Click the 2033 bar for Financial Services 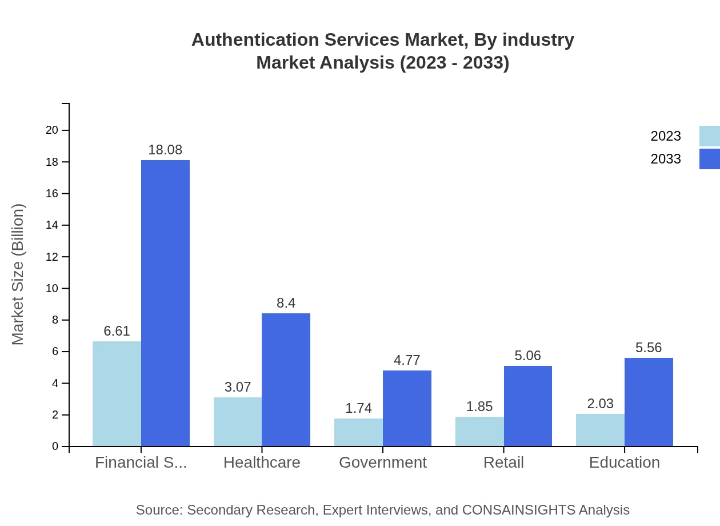(165, 303)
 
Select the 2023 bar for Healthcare (238, 422)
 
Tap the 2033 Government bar (407, 408)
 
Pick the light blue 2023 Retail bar (479, 432)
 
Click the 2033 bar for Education (649, 402)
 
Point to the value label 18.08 (165, 150)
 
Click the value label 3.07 (238, 387)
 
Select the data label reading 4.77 (407, 360)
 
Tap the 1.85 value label (479, 407)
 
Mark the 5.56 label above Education (649, 348)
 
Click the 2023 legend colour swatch (709, 136)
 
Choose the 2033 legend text (666, 159)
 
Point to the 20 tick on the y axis (52, 130)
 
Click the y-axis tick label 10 (52, 288)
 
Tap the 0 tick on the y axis (55, 446)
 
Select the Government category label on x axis (383, 463)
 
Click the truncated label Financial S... (141, 463)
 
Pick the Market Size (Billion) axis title (18, 274)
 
